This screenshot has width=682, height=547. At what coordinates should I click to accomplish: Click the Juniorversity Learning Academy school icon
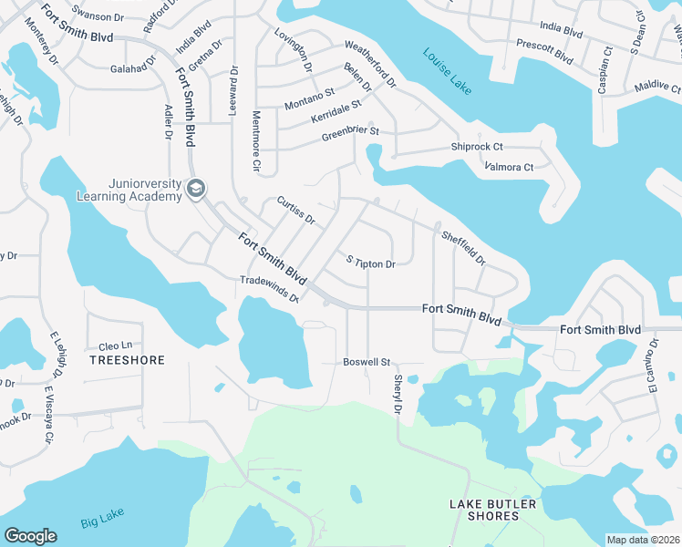(x=195, y=189)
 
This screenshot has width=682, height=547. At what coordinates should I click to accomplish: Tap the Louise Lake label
(x=449, y=69)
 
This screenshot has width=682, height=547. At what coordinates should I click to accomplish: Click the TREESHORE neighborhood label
(x=128, y=360)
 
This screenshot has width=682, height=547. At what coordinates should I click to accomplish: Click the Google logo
(x=30, y=536)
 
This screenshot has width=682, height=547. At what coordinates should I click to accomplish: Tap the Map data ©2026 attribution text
(x=643, y=540)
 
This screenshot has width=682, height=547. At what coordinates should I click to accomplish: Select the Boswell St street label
(x=367, y=362)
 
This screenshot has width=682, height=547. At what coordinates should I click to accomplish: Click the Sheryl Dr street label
(x=398, y=395)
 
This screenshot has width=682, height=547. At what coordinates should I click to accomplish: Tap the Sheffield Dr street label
(x=463, y=247)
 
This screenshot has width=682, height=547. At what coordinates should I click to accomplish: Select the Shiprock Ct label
(x=477, y=147)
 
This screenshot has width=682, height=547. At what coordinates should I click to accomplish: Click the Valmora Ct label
(x=509, y=167)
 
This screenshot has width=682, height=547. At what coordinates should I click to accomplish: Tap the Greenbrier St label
(x=349, y=135)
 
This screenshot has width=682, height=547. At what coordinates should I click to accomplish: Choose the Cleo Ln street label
(x=116, y=346)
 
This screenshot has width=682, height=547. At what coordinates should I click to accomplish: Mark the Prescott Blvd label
(x=544, y=51)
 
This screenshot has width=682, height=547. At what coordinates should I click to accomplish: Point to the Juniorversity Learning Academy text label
(x=143, y=189)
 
